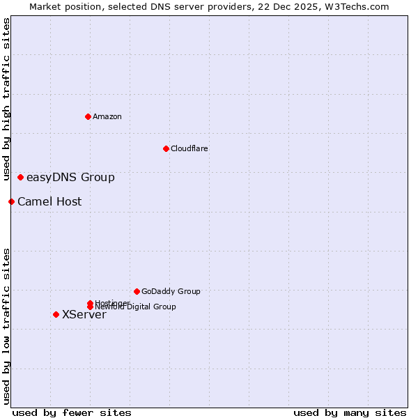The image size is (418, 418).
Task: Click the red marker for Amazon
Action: (x=88, y=116)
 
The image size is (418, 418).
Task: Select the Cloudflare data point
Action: (x=166, y=148)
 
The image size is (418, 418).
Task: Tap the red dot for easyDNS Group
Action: (x=20, y=177)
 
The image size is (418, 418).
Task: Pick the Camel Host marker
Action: (x=11, y=201)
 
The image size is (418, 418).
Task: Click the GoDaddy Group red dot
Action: (x=137, y=291)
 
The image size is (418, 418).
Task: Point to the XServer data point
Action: (x=56, y=314)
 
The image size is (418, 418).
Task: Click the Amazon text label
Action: (x=107, y=116)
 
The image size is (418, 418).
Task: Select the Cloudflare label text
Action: (x=189, y=148)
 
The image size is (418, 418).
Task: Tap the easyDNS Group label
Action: (x=70, y=177)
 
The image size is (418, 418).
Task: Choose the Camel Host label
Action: (x=49, y=202)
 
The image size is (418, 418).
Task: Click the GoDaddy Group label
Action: (x=171, y=291)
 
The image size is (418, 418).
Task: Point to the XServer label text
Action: (x=84, y=315)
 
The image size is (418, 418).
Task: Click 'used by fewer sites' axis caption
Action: (x=72, y=412)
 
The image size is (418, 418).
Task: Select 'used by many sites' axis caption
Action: (x=350, y=412)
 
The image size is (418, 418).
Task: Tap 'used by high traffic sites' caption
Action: (x=6, y=100)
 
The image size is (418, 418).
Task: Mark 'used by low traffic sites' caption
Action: (x=6, y=326)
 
